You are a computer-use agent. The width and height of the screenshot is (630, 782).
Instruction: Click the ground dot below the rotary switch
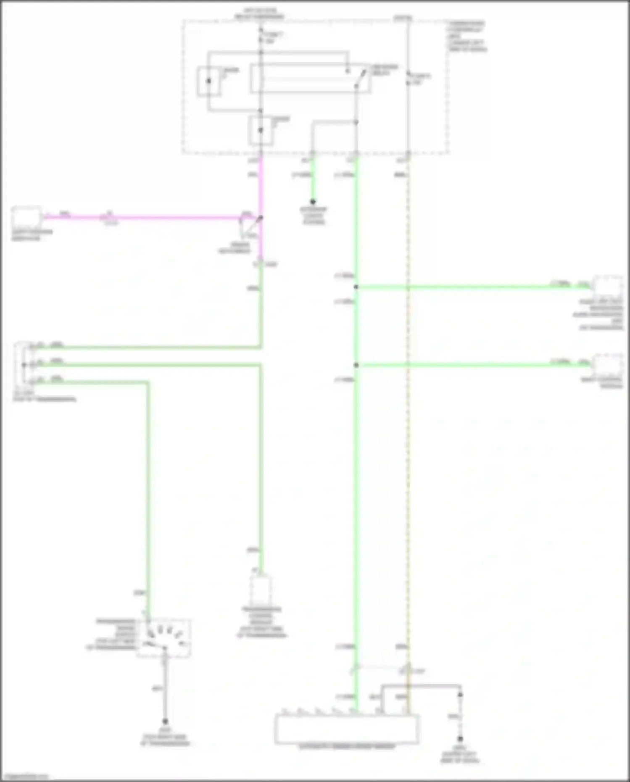coord(165,721)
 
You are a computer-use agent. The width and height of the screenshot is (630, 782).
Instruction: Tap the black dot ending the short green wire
coord(313,202)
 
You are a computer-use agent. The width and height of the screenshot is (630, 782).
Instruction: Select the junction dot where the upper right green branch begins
coord(356,287)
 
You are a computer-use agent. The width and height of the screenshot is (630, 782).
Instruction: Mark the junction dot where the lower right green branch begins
coord(356,365)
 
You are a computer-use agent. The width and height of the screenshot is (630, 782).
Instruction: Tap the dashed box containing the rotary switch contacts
coord(164,638)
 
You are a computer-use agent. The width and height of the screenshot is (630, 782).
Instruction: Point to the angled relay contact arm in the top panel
coord(360,79)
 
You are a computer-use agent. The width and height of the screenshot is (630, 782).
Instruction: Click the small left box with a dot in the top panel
coord(209,81)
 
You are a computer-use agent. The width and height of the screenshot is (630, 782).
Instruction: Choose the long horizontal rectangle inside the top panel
coord(310,79)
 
